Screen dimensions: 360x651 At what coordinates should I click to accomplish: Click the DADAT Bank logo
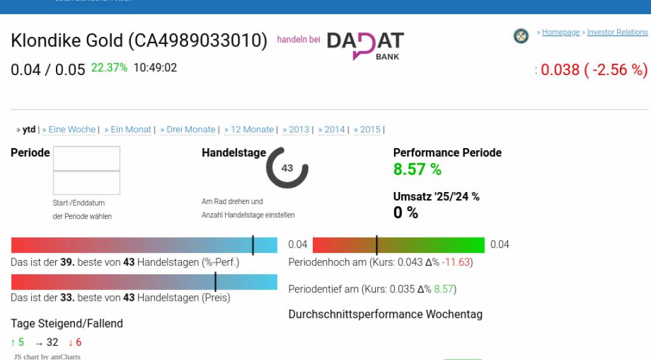tap(365, 45)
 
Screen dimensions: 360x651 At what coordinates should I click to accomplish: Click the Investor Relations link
tap(617, 32)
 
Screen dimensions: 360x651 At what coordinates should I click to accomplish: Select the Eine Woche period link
tap(72, 130)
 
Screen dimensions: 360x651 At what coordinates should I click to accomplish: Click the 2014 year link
tap(334, 130)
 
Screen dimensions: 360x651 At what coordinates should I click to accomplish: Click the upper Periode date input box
tap(86, 158)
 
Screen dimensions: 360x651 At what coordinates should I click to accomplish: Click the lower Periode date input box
tap(86, 183)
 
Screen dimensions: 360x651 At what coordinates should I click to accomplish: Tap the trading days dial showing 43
tap(287, 168)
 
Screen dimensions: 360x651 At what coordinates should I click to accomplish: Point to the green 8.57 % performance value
tap(417, 170)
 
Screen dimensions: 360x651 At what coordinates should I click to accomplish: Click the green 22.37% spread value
tap(109, 67)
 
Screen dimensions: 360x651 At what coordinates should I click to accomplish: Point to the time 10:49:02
tap(155, 67)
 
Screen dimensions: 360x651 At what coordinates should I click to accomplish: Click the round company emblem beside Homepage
tap(521, 36)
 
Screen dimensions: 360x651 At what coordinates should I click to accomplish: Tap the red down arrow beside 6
tap(71, 343)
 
